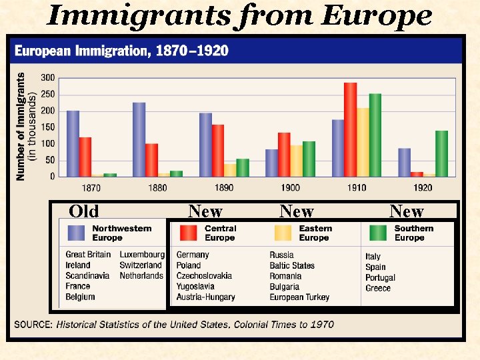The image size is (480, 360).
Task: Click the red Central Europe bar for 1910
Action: click(x=350, y=130)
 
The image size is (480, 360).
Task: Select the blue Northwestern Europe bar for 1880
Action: click(x=139, y=139)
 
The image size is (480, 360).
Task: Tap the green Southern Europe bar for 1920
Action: click(x=441, y=153)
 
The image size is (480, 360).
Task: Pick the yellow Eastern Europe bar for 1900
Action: click(x=296, y=161)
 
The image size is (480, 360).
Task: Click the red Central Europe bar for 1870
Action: click(x=85, y=157)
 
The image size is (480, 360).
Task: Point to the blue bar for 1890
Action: click(x=205, y=145)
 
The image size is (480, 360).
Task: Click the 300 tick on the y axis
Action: click(x=48, y=78)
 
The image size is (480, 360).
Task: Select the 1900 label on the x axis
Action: click(x=290, y=188)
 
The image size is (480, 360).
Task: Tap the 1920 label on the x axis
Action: click(x=423, y=188)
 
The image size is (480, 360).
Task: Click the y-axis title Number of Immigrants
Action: click(x=21, y=126)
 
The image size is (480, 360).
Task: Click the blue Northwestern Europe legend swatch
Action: click(x=77, y=233)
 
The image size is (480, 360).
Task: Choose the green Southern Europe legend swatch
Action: click(x=378, y=233)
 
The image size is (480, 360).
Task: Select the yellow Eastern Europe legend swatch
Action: click(x=283, y=233)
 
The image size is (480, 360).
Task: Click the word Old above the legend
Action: click(x=84, y=211)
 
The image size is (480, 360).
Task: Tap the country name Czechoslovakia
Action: click(x=204, y=276)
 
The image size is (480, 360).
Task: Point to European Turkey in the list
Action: click(x=299, y=297)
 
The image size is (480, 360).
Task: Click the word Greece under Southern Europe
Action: click(x=378, y=289)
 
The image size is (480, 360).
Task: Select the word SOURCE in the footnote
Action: click(x=33, y=325)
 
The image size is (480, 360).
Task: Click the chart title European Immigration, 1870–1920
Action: click(x=121, y=51)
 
